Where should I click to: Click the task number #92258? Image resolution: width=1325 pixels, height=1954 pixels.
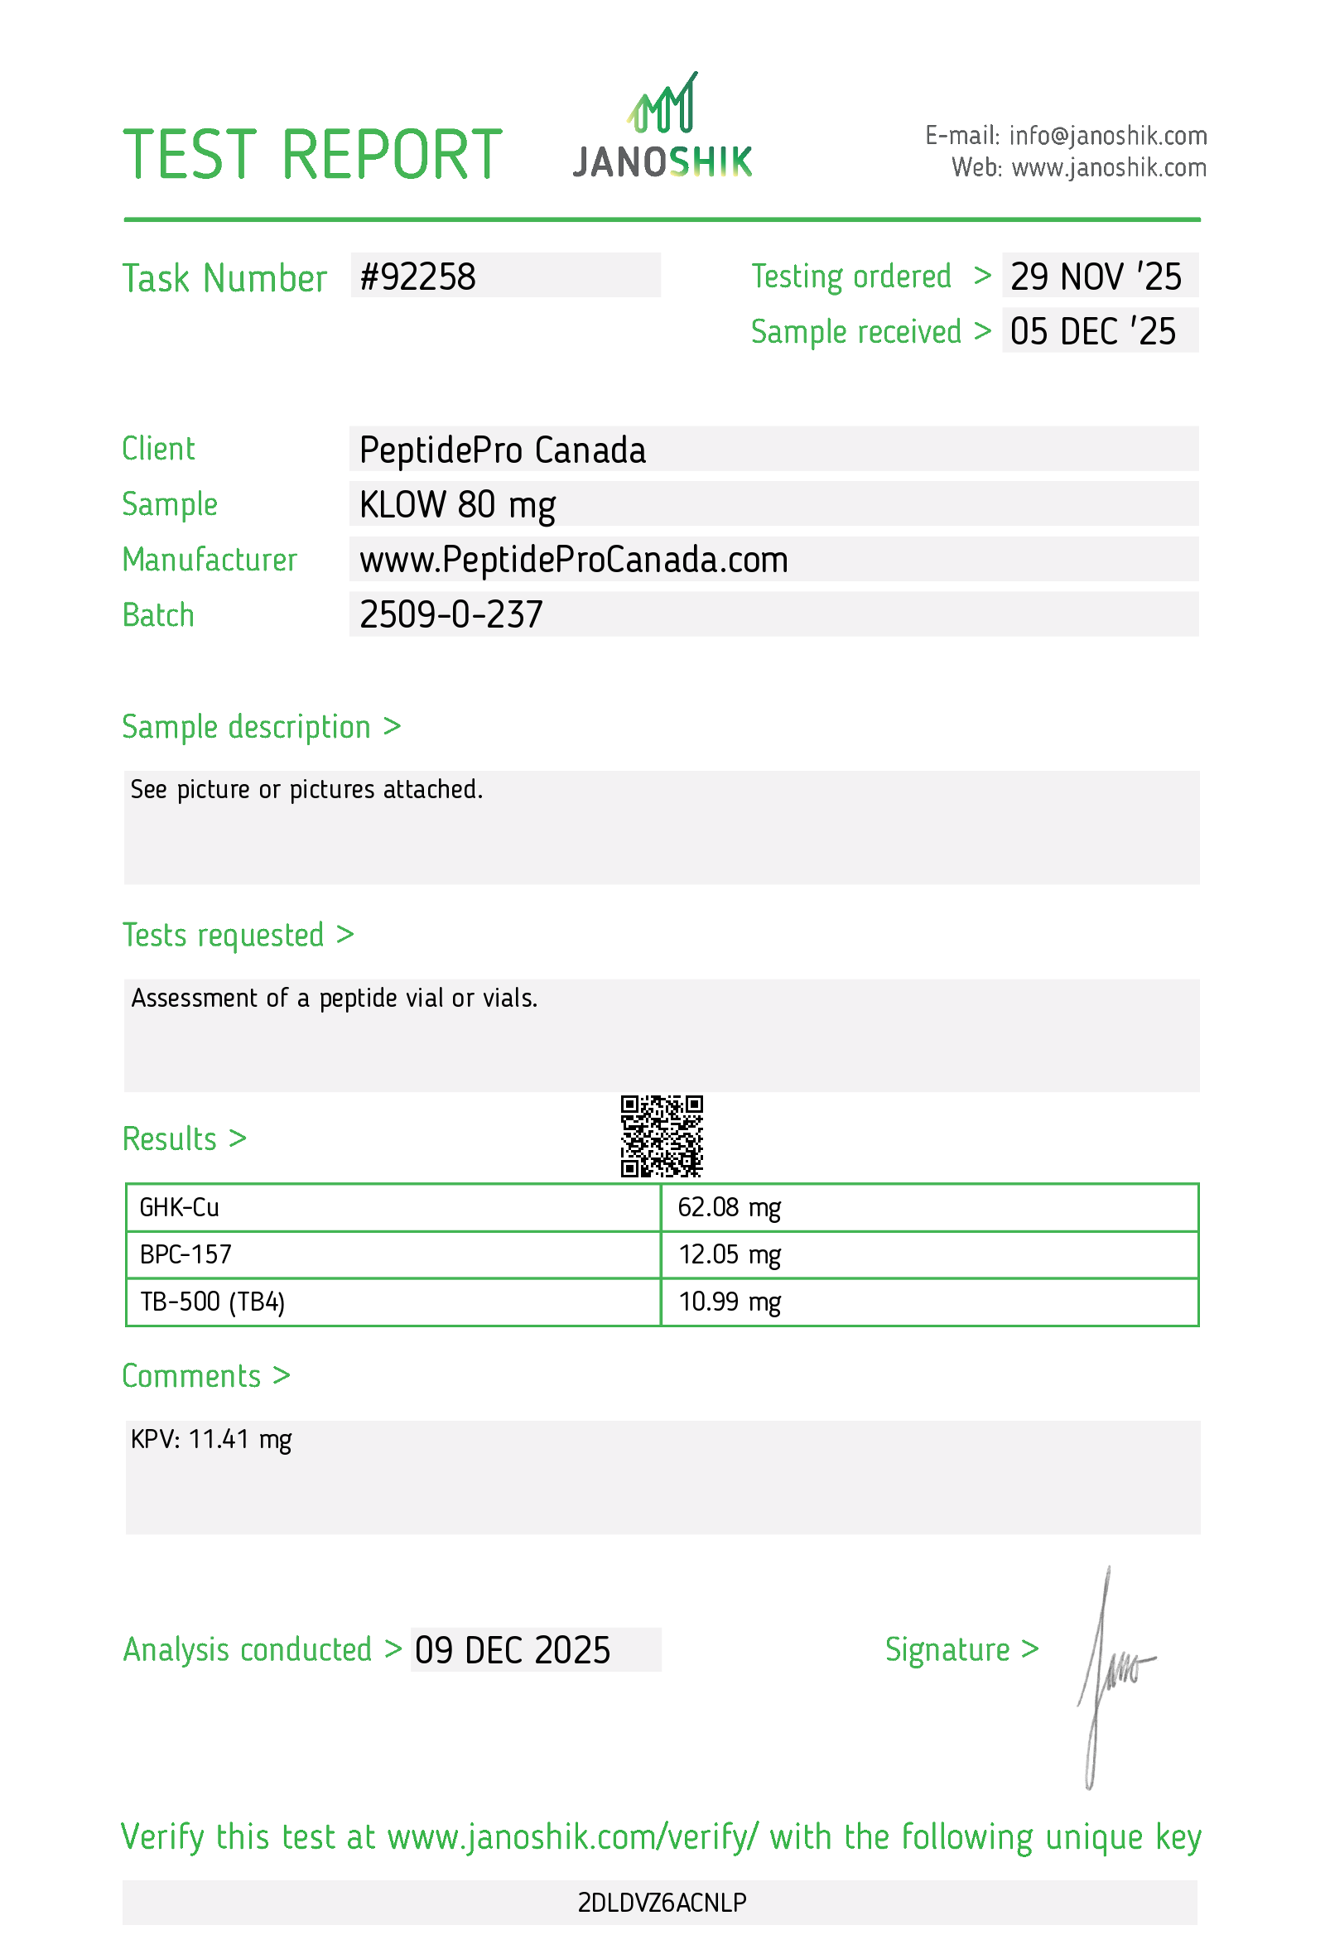418,277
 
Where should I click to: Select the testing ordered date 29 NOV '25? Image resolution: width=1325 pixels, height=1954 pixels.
1095,277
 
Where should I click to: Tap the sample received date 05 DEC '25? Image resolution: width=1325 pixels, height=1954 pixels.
1092,331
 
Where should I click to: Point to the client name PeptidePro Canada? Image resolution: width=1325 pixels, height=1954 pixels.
502,450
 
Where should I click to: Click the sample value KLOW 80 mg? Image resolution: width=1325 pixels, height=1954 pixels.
457,504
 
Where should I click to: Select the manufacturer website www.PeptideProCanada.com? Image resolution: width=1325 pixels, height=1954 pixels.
573,560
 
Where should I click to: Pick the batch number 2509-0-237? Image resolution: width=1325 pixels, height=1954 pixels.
450,614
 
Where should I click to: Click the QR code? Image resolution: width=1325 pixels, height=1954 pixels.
662,1136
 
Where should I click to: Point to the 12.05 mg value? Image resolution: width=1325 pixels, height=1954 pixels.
729,1255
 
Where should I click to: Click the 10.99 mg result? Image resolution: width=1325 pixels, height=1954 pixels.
729,1302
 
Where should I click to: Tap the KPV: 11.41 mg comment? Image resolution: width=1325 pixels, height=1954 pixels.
211,1440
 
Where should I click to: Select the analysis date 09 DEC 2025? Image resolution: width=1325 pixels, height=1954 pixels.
512,1650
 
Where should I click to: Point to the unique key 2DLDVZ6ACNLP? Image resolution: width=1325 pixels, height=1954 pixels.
662,1903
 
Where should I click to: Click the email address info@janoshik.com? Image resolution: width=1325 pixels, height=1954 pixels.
1107,135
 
